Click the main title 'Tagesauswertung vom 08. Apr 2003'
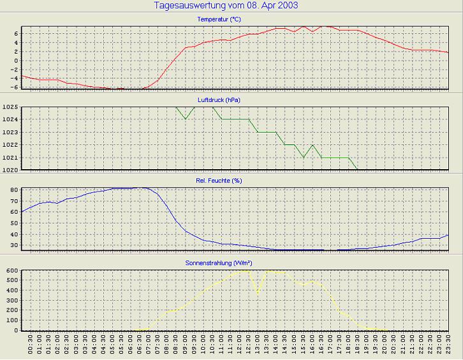(226, 6)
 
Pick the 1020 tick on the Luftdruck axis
(10, 170)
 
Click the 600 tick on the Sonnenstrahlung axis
(12, 271)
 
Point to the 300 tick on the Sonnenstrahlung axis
(12, 301)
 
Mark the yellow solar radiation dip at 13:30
(258, 294)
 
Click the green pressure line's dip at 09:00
(185, 119)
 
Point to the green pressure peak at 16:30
(312, 145)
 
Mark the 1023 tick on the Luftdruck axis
(10, 132)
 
